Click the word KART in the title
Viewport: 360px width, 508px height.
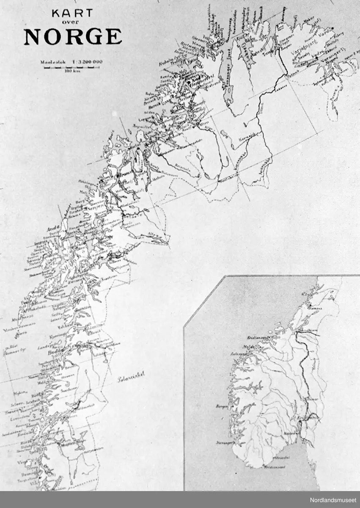click(x=72, y=14)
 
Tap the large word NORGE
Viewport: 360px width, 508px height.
click(x=73, y=37)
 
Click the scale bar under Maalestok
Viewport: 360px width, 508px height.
click(x=68, y=67)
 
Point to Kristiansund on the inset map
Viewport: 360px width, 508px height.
click(x=255, y=338)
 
